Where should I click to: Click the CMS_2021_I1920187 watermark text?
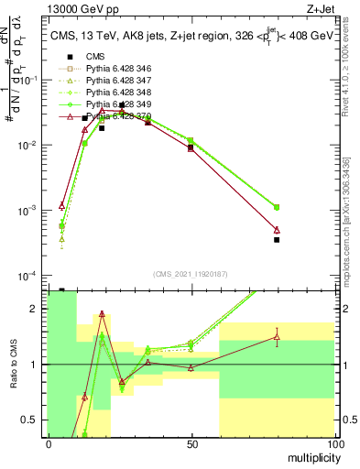(x=190, y=275)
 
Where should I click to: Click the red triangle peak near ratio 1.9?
(x=102, y=313)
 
